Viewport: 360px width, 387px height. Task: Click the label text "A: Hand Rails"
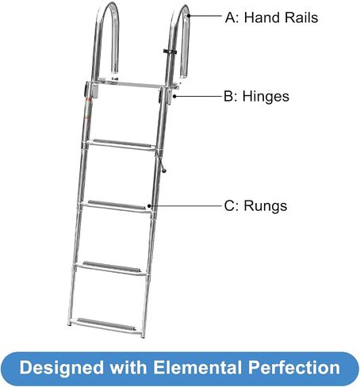(x=271, y=17)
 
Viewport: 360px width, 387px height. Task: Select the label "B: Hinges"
(x=256, y=96)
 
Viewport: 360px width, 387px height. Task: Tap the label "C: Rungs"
(x=255, y=205)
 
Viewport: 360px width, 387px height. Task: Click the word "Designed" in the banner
(x=62, y=368)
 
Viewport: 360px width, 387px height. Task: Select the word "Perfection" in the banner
(x=294, y=367)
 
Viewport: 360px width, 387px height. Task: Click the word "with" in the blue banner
(x=128, y=367)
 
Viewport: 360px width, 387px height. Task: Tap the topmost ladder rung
(x=121, y=144)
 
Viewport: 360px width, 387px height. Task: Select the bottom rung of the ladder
(x=105, y=326)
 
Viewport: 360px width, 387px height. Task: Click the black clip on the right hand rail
(x=170, y=51)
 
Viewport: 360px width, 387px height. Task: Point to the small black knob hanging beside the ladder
(x=164, y=171)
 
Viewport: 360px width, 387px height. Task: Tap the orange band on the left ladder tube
(x=88, y=100)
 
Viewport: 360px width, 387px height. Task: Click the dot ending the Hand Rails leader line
(x=189, y=16)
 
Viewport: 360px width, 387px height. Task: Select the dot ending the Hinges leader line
(x=174, y=96)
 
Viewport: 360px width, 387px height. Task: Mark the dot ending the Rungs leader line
(x=149, y=205)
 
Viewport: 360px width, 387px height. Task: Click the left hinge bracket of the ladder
(x=91, y=90)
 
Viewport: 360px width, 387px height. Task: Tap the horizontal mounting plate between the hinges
(x=129, y=83)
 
